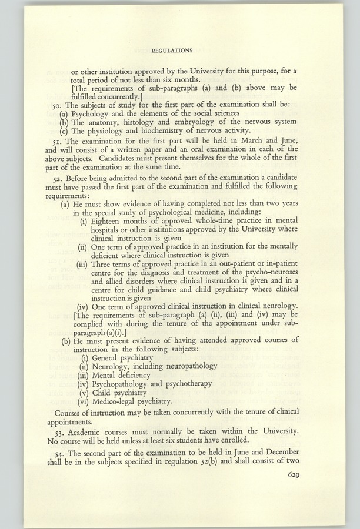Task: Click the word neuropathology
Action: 189,366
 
